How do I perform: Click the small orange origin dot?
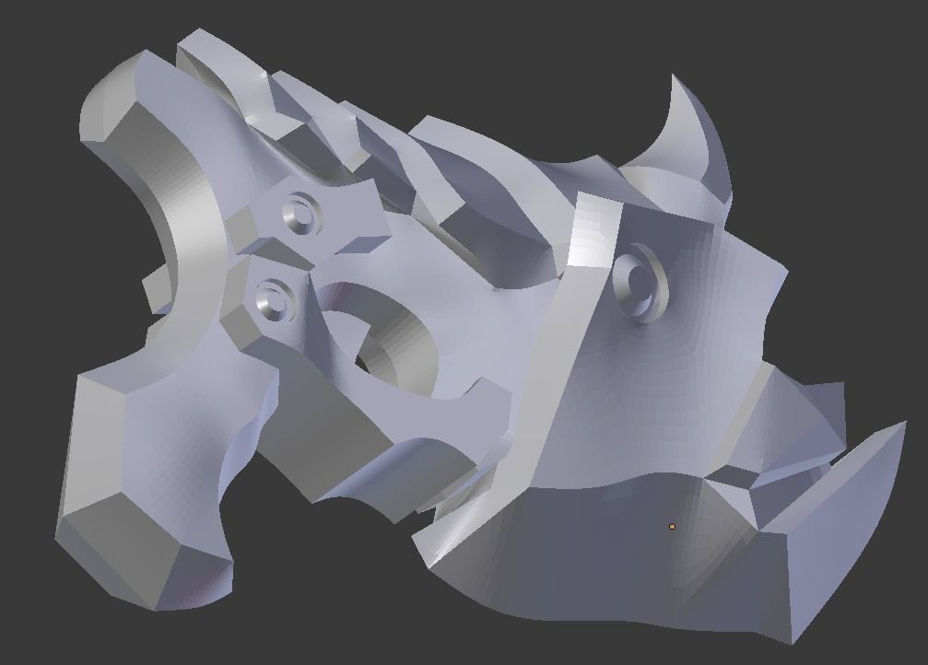(x=672, y=526)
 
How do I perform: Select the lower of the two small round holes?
(x=273, y=298)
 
